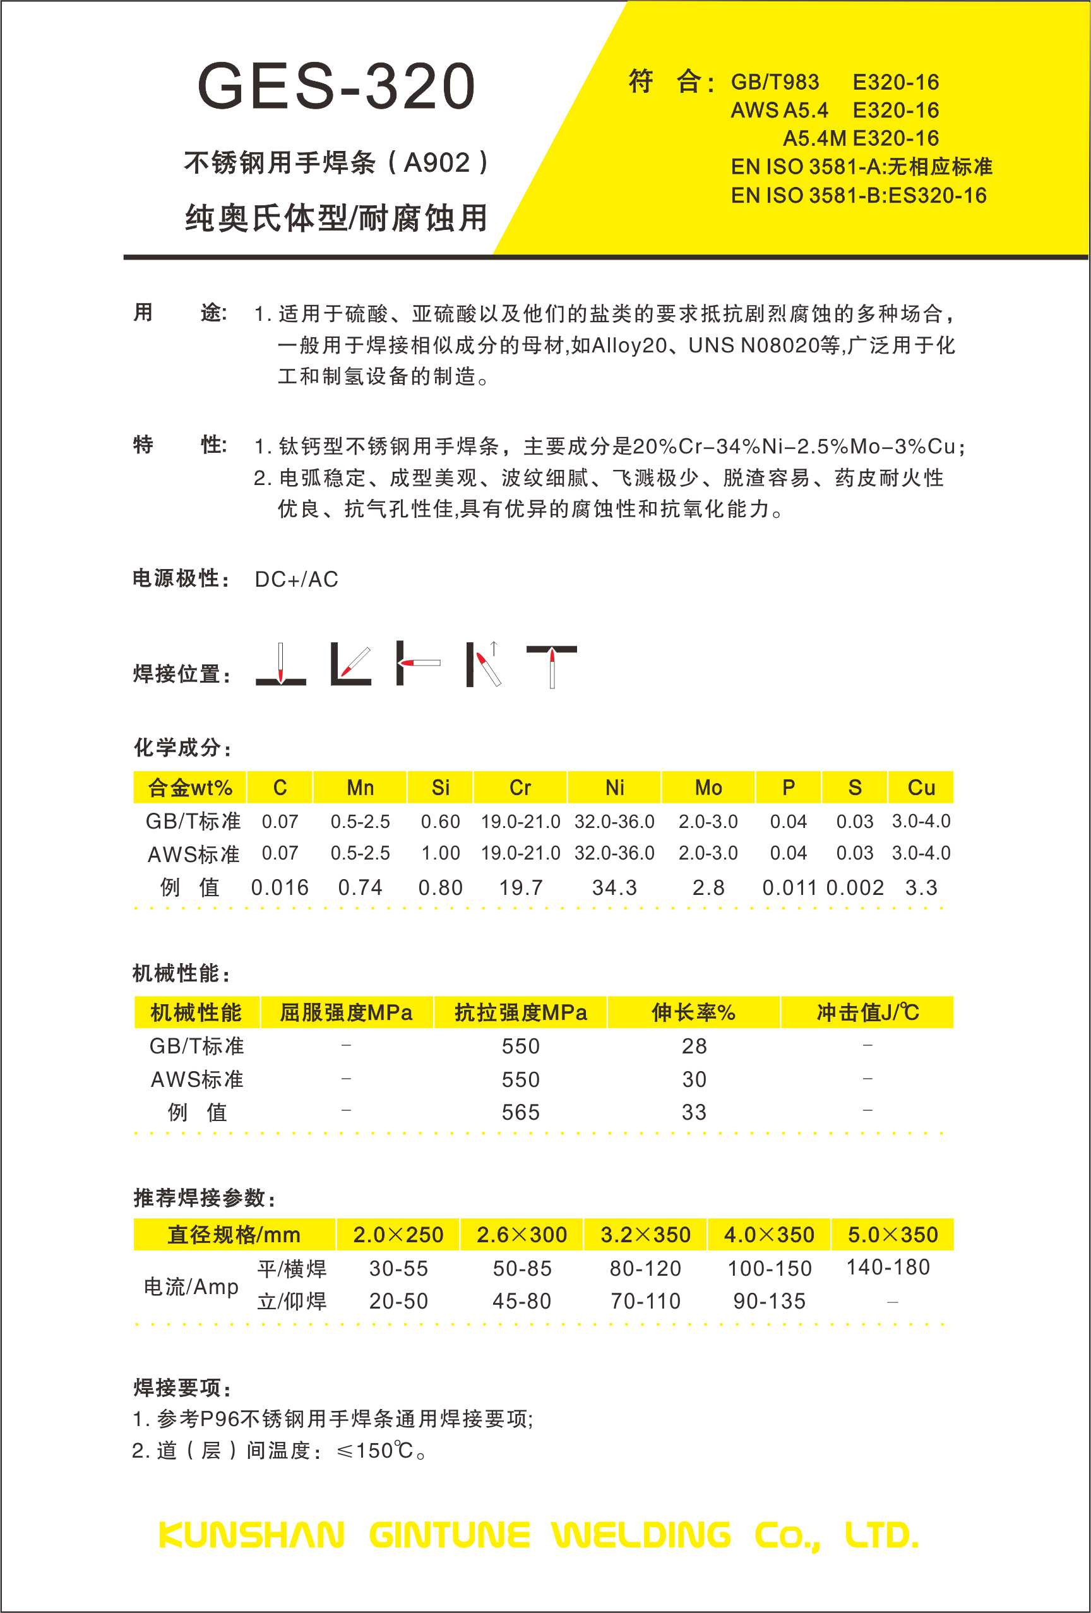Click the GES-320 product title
pyautogui.click(x=336, y=87)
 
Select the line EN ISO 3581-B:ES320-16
pyautogui.click(x=858, y=196)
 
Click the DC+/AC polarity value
pyautogui.click(x=296, y=579)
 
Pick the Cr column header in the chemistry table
pyautogui.click(x=520, y=788)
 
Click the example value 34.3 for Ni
pyautogui.click(x=614, y=888)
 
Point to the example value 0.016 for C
pyautogui.click(x=280, y=888)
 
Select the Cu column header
pyautogui.click(x=921, y=788)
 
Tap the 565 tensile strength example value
pyautogui.click(x=520, y=1113)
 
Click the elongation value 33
pyautogui.click(x=694, y=1113)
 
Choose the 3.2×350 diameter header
pyautogui.click(x=645, y=1235)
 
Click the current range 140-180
pyautogui.click(x=888, y=1268)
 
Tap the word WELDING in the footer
pyautogui.click(x=641, y=1535)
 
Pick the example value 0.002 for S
pyautogui.click(x=855, y=888)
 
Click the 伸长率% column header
pyautogui.click(x=693, y=1012)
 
